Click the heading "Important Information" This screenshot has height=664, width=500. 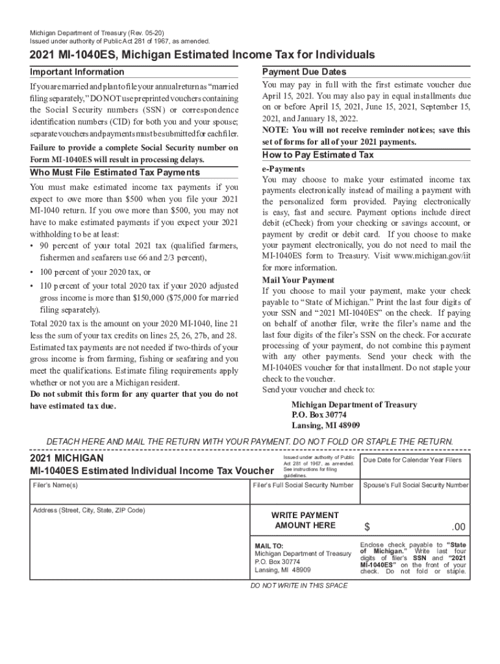[77, 72]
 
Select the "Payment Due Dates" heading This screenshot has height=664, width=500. [304, 72]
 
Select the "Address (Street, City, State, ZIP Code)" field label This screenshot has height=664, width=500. [89, 510]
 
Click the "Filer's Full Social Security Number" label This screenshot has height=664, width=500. [303, 485]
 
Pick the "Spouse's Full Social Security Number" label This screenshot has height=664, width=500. [416, 485]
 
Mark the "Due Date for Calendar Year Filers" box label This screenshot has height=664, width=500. [412, 460]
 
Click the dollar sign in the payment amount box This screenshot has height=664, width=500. [367, 527]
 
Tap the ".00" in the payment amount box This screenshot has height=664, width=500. [458, 527]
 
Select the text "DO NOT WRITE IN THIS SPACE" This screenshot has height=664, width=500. [299, 586]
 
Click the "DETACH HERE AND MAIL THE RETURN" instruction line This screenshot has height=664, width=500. [250, 442]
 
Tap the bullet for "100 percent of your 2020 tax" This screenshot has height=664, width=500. [32, 272]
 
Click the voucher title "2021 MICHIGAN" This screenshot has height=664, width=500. [67, 458]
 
